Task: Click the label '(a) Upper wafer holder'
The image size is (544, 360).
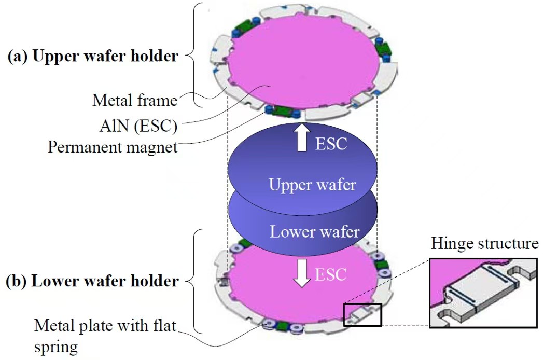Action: pos(93,56)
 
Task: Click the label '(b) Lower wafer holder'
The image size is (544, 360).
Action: pos(92,282)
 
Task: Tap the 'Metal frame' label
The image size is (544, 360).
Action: pos(135,100)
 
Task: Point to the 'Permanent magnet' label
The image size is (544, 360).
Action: pos(113,147)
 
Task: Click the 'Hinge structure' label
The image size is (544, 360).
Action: pos(483,243)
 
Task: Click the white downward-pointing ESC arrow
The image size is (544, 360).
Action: pos(300,274)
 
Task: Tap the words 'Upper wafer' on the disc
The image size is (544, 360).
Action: pos(312,185)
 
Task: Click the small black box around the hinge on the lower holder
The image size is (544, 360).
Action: pos(362,315)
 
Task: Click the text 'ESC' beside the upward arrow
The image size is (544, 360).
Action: pos(331,143)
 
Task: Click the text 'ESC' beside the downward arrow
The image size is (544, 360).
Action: pos(330,274)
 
